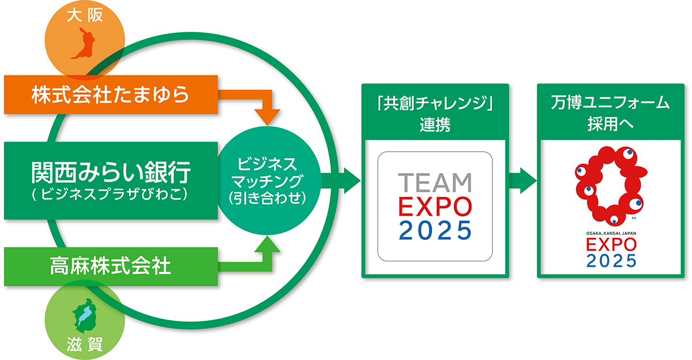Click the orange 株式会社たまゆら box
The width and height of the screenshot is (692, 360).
point(111,95)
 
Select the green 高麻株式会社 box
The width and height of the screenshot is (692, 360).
point(111,267)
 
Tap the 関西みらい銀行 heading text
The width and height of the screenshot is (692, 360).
point(111,172)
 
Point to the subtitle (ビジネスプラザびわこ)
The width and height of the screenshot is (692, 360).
point(110,194)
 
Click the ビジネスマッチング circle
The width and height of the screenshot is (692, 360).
point(268,181)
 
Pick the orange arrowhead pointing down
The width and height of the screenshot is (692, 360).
point(267,118)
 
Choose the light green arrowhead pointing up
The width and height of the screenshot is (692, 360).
point(267,244)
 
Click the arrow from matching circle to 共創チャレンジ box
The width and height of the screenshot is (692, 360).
point(341,181)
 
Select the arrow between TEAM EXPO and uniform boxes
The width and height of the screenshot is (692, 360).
point(522,181)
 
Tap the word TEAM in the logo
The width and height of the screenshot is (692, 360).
point(435,182)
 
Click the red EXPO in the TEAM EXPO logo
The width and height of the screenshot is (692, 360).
point(435,207)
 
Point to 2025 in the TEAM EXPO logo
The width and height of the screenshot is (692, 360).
point(435,230)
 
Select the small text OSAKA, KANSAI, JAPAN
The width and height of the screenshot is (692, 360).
point(611,233)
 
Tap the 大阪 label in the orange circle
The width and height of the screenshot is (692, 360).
point(85,16)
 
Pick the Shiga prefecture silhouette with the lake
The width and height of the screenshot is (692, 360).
point(85,316)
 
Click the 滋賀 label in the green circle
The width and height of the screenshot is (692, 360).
point(85,344)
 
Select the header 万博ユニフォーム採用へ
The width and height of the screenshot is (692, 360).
point(611,113)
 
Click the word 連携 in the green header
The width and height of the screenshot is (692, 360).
point(435,125)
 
